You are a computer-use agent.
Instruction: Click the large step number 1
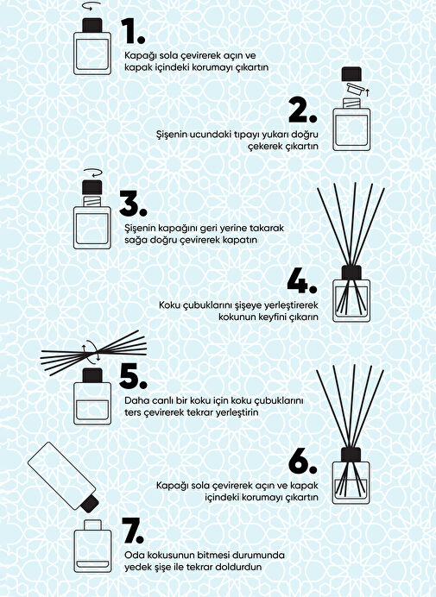coord(130,31)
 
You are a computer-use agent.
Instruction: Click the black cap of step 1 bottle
coord(92,25)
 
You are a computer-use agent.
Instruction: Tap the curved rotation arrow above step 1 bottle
coord(92,5)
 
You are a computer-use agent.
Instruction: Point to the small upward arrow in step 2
coord(368,92)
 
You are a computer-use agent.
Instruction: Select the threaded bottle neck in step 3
coord(92,201)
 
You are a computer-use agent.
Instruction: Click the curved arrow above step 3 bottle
coord(92,173)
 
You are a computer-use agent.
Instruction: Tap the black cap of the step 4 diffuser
coord(351,273)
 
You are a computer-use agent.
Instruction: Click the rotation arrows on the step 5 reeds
coord(91,350)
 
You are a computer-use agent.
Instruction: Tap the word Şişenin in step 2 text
coord(171,135)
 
